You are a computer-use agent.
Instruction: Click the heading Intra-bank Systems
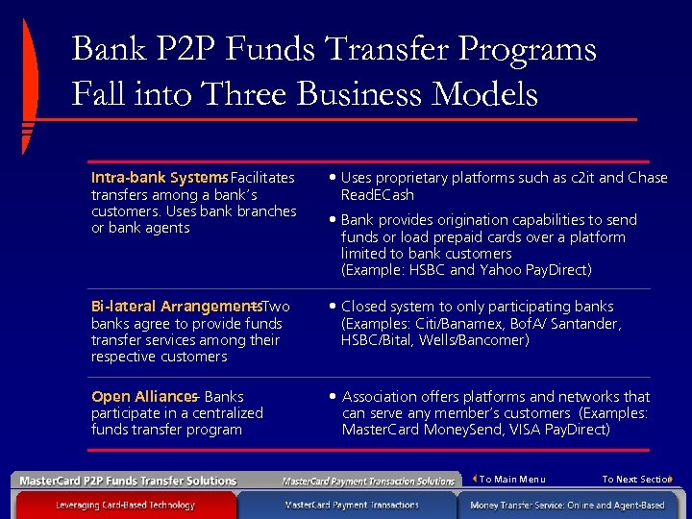tap(158, 178)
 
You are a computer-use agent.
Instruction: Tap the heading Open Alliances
tap(143, 396)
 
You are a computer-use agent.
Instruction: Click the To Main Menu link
tap(511, 479)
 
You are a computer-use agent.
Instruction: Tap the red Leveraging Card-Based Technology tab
tap(125, 505)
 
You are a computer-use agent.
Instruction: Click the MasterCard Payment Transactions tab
tap(352, 505)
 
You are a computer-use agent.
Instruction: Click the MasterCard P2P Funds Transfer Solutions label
tap(129, 481)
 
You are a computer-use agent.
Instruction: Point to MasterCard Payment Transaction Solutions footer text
tap(368, 481)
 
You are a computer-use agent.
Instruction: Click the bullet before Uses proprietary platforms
tap(332, 178)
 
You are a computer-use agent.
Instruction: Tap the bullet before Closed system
tap(332, 307)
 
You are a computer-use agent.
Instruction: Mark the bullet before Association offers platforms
tap(332, 396)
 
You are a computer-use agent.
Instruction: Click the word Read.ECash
tap(378, 194)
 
